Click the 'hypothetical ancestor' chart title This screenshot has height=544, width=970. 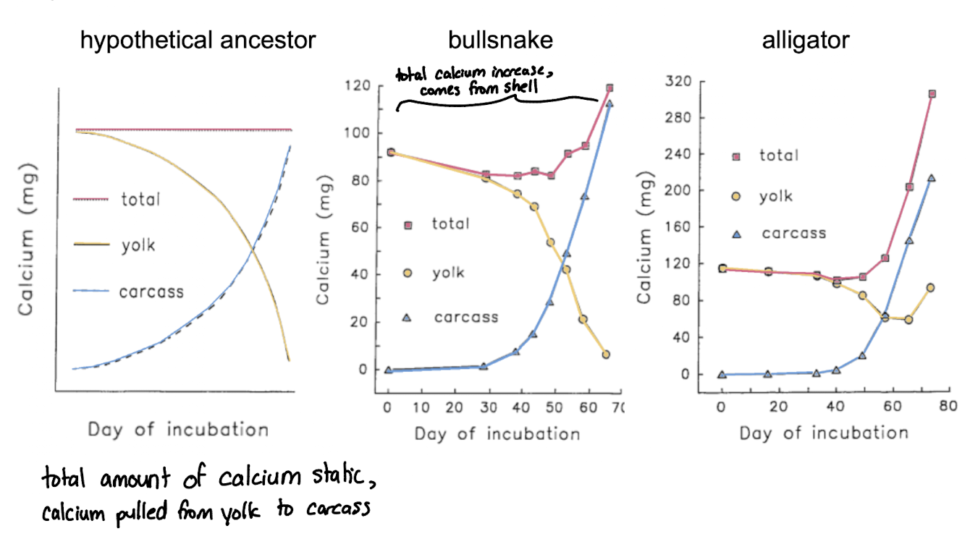198,40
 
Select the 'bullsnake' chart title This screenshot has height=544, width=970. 500,40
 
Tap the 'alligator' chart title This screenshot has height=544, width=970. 806,40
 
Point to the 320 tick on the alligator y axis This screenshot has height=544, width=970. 678,81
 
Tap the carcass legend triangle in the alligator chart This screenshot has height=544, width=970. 737,233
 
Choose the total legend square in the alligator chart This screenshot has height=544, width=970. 737,156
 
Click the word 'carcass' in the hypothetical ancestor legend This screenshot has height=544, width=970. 151,292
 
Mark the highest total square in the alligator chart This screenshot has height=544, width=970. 932,94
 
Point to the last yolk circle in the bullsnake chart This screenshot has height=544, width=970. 606,354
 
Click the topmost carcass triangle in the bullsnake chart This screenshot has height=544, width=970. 609,103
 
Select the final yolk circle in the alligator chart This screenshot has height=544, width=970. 930,287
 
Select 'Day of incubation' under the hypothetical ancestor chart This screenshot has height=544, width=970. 178,430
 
